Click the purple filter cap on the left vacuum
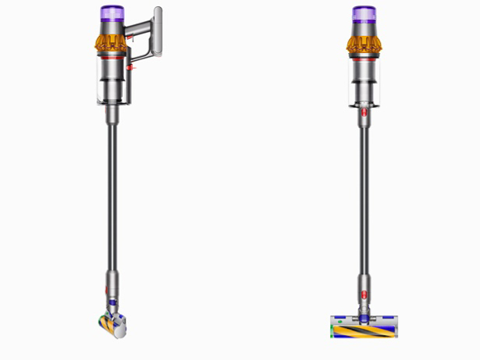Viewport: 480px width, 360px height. (x=109, y=13)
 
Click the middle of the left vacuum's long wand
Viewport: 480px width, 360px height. (x=112, y=195)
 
